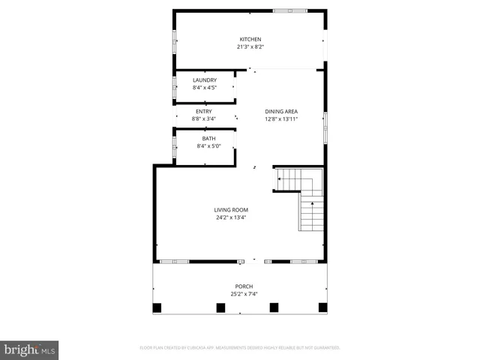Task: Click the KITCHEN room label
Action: (250, 39)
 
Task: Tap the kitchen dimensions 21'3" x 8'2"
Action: (250, 46)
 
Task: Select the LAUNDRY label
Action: (205, 80)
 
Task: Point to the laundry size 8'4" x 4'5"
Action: (205, 88)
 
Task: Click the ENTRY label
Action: (204, 112)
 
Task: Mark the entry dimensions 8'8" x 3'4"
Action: (204, 118)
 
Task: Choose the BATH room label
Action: (208, 139)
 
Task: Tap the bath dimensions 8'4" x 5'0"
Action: (208, 146)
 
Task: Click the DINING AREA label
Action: (281, 112)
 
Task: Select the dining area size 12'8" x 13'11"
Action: (281, 119)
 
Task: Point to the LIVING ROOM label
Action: (231, 210)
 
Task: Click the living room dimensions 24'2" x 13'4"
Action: (231, 217)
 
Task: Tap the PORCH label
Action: (244, 286)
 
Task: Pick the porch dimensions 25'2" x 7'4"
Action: (244, 294)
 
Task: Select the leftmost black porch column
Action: (157, 307)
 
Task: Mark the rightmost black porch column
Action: (323, 307)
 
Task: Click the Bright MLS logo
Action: (29, 350)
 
